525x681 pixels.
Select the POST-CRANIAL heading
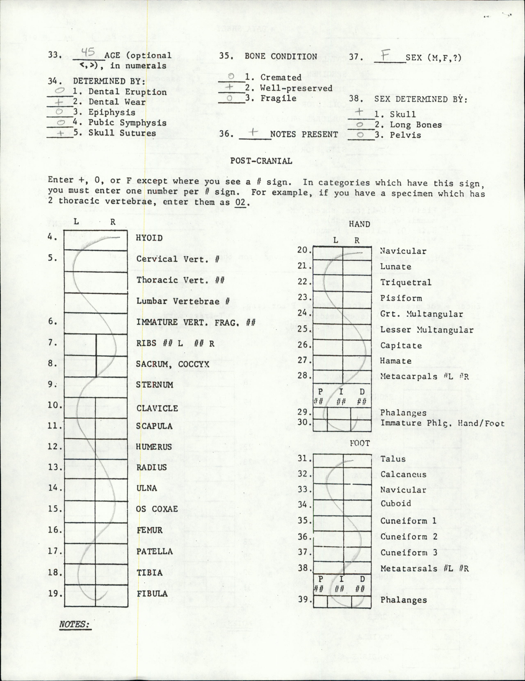pyautogui.click(x=261, y=161)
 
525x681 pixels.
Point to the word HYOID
pyautogui.click(x=149, y=238)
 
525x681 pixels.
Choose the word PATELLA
pyautogui.click(x=154, y=551)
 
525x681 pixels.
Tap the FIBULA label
pyautogui.click(x=153, y=593)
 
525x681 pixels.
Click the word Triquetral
pyautogui.click(x=405, y=282)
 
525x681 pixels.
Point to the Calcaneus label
pyautogui.click(x=403, y=474)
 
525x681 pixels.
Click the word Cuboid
pyautogui.click(x=396, y=504)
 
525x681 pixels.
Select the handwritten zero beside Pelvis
pyautogui.click(x=360, y=135)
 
